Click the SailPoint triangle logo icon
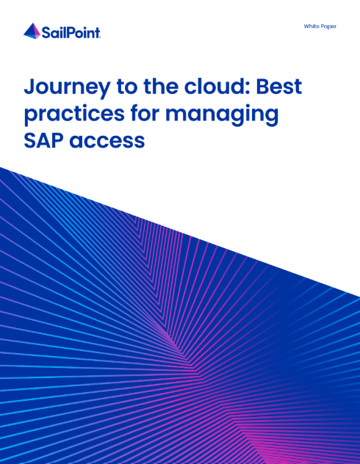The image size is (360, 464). tap(32, 31)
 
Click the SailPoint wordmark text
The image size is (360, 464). tap(71, 32)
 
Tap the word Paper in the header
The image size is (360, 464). tap(328, 26)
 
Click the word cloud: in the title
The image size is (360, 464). tap(217, 86)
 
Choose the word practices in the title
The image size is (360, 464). tap(74, 114)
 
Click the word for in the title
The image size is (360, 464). tap(145, 113)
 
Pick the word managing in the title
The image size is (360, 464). tap(222, 115)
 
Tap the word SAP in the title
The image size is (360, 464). tap(43, 140)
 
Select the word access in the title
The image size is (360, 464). tap(107, 141)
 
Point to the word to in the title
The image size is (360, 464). tap(127, 87)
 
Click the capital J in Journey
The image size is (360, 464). tap(29, 87)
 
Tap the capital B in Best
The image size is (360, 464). tap(264, 87)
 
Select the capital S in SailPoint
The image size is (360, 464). tap(46, 32)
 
